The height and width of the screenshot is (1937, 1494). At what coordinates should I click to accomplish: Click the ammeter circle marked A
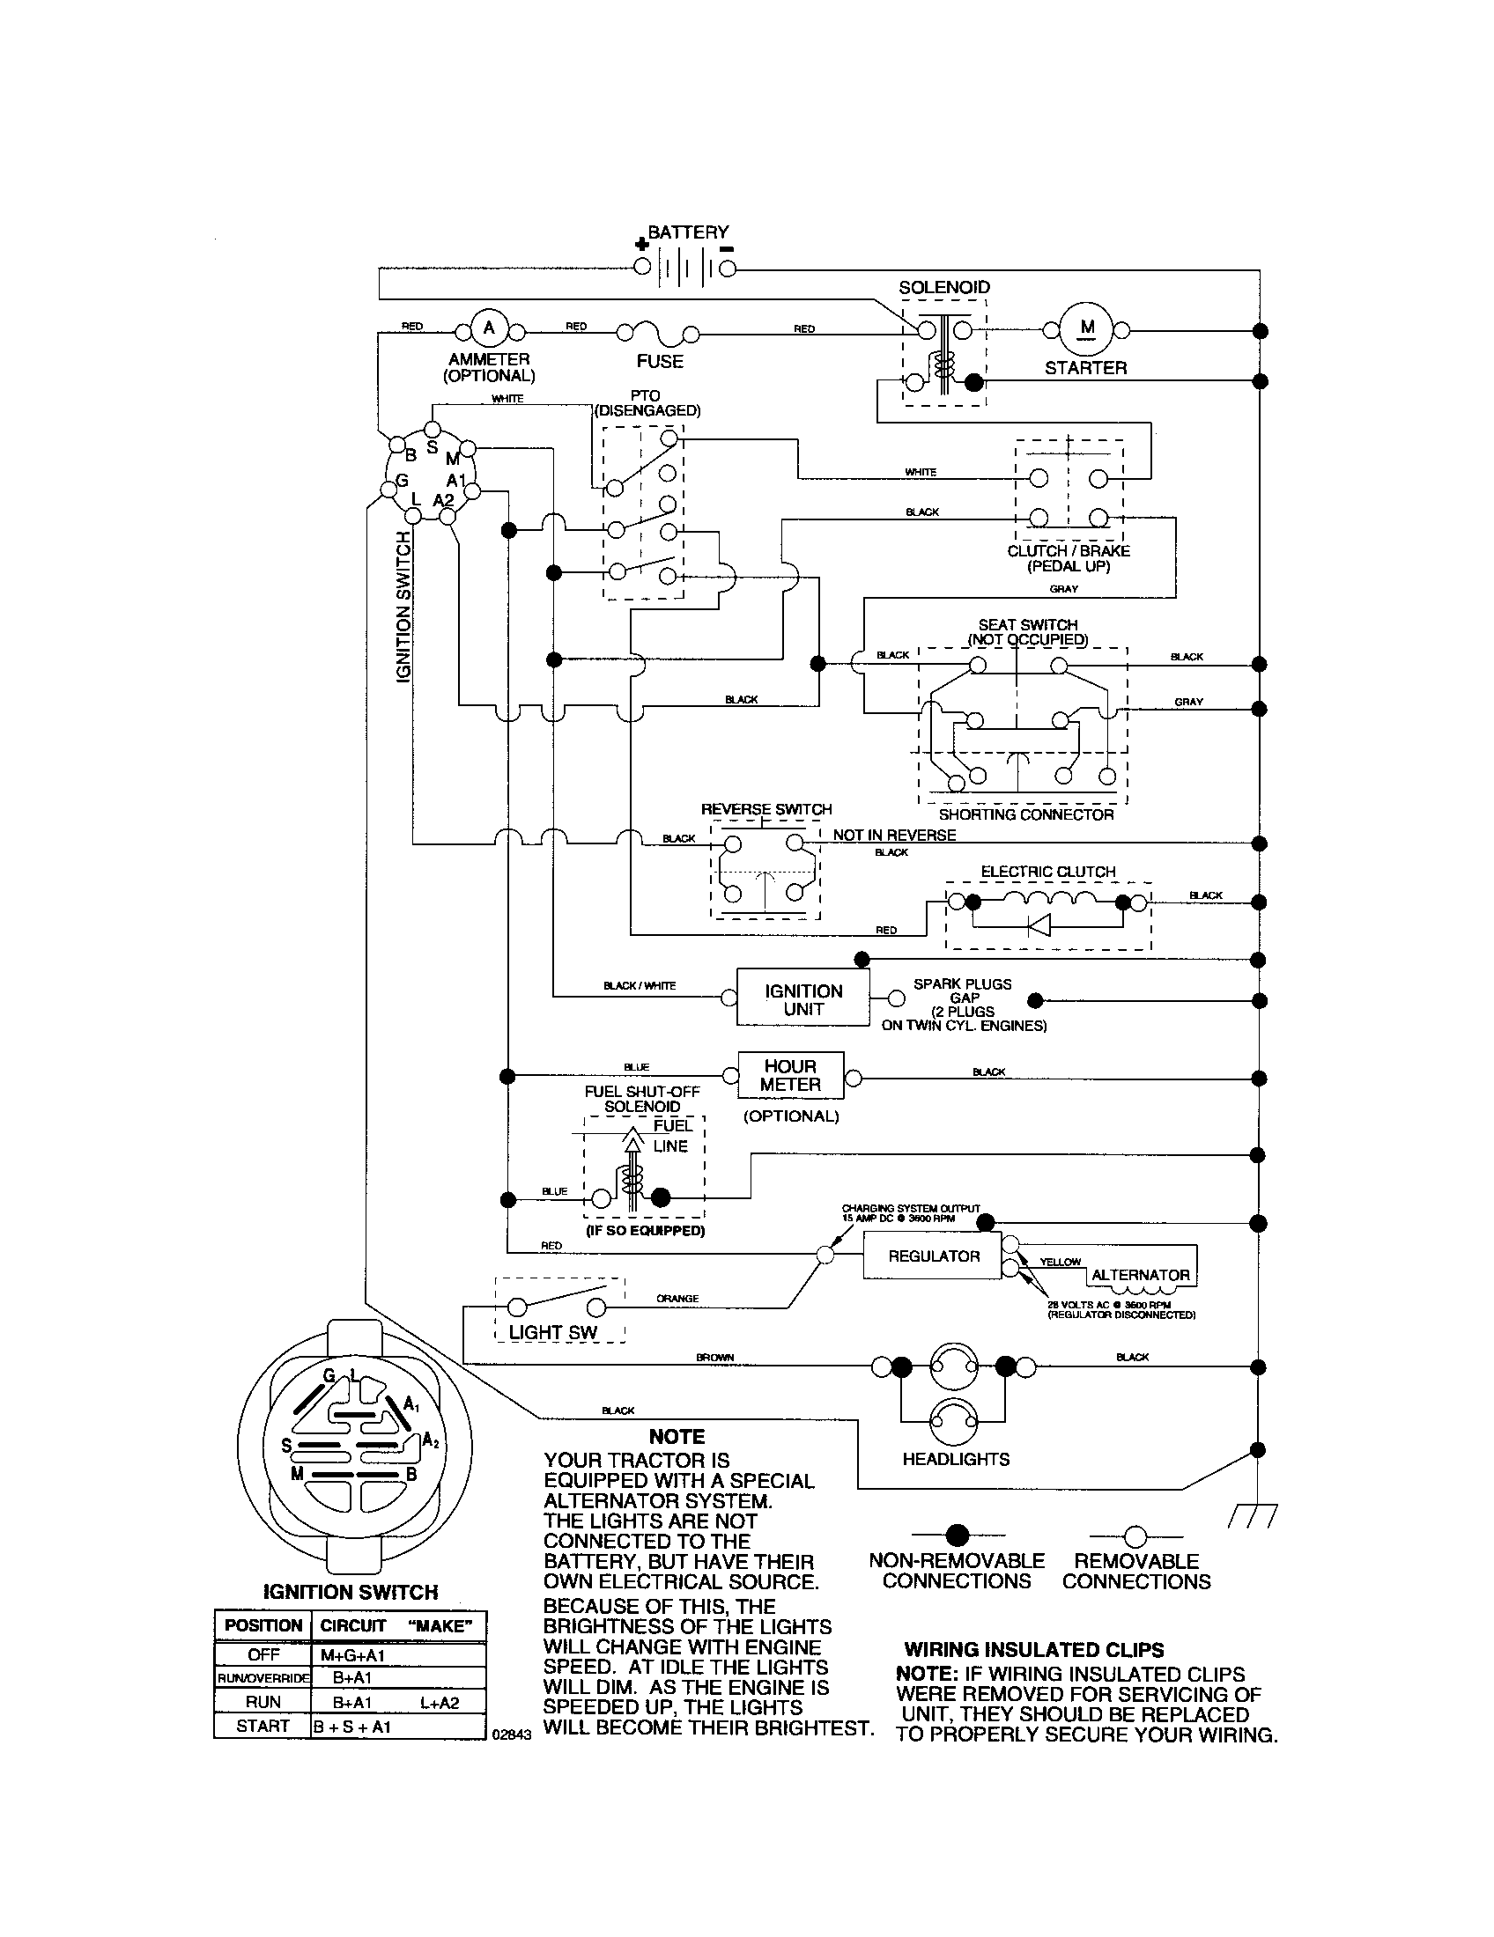pos(487,329)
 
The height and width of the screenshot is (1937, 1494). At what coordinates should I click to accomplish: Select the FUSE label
pos(659,361)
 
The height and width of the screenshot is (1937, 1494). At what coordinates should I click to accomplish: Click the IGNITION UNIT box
pos(802,999)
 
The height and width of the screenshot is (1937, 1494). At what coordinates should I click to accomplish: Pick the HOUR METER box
pos(789,1075)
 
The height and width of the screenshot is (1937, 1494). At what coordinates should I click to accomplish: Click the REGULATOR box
pos(932,1256)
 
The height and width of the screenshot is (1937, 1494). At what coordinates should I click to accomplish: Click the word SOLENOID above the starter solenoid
pos(944,287)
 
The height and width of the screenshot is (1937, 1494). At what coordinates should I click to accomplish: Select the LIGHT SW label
pos(552,1332)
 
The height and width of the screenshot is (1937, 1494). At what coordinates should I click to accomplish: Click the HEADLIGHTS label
pos(956,1459)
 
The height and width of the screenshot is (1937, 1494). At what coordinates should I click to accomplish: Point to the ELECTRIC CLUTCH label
pos(1047,872)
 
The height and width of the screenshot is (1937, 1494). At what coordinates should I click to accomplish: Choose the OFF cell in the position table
pos(263,1654)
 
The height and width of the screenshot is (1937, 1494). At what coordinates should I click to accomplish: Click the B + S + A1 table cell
pos(352,1726)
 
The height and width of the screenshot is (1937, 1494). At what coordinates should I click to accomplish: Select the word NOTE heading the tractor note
pos(676,1437)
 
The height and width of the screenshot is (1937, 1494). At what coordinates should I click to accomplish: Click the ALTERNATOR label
pos(1140,1275)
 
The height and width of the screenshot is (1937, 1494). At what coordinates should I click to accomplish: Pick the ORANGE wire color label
pos(677,1299)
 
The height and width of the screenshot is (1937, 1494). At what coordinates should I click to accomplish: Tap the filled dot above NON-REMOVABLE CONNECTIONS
pos(957,1536)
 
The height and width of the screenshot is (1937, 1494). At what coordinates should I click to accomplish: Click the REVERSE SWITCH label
pos(766,809)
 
